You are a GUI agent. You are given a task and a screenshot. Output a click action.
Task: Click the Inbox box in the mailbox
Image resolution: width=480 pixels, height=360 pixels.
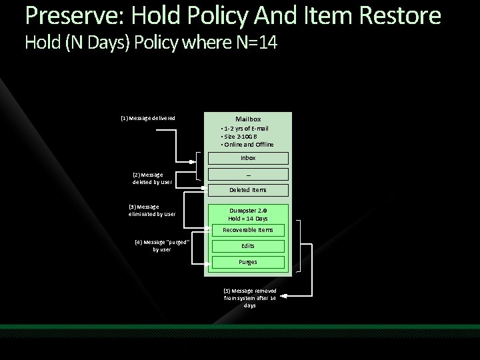click(x=247, y=158)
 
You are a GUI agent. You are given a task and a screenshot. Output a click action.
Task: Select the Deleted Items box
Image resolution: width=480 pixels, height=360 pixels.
click(x=247, y=190)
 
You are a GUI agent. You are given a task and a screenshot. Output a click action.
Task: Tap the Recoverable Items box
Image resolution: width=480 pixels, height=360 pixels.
click(x=247, y=230)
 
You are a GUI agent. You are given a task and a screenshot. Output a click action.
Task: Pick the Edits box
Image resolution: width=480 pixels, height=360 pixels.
click(x=247, y=246)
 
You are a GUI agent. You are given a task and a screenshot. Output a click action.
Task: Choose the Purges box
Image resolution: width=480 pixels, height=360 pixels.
click(x=247, y=262)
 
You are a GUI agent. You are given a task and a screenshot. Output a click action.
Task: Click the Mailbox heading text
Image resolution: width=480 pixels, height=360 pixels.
click(x=247, y=119)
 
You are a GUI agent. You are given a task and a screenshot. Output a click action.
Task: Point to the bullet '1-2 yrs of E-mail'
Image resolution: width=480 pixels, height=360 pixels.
click(x=246, y=128)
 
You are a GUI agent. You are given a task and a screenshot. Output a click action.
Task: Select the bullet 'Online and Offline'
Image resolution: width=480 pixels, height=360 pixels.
click(x=248, y=144)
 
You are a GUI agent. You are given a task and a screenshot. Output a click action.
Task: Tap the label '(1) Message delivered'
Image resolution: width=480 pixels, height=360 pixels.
click(x=147, y=118)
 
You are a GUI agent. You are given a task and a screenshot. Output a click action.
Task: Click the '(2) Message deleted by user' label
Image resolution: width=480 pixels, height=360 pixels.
click(x=152, y=178)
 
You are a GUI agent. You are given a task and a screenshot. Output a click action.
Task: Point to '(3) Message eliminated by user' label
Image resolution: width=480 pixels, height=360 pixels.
click(x=152, y=210)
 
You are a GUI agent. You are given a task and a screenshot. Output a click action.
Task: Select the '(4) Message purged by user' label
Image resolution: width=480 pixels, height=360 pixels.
click(x=162, y=245)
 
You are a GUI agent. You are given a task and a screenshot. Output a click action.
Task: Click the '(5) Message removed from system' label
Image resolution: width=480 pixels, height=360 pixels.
click(x=249, y=298)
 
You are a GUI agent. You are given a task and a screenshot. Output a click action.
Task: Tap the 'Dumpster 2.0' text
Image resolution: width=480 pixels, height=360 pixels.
click(x=247, y=211)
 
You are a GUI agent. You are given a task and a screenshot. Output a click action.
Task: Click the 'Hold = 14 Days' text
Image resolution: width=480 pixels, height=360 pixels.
click(x=247, y=219)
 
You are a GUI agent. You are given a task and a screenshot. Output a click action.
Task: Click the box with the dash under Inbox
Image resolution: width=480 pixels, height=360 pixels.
click(x=247, y=174)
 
